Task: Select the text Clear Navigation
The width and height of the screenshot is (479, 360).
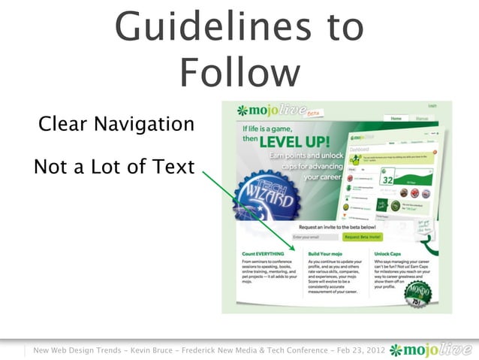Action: (x=116, y=123)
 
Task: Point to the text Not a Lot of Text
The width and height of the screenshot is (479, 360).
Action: (x=114, y=167)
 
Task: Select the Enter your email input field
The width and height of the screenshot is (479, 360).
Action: (x=310, y=237)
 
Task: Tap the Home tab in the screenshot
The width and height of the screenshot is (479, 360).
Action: (x=396, y=119)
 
